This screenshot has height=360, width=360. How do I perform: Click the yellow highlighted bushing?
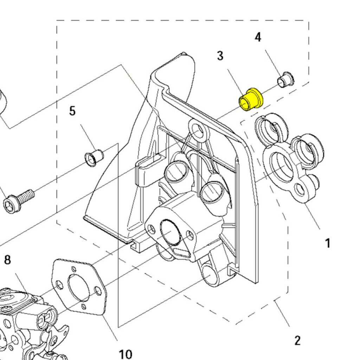[250, 100]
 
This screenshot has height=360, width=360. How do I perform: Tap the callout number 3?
[220, 56]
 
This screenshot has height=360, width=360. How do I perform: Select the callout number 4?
[258, 37]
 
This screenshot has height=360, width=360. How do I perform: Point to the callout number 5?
[72, 111]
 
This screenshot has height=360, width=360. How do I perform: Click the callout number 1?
[327, 243]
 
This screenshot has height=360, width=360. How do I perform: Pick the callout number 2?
[297, 340]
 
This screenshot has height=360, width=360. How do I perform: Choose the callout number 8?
[7, 260]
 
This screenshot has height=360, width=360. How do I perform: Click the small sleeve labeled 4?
[286, 79]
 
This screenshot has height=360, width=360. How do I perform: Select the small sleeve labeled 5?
[94, 157]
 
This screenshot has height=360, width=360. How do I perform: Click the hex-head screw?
[18, 200]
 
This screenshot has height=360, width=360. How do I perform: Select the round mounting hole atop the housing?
[198, 129]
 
